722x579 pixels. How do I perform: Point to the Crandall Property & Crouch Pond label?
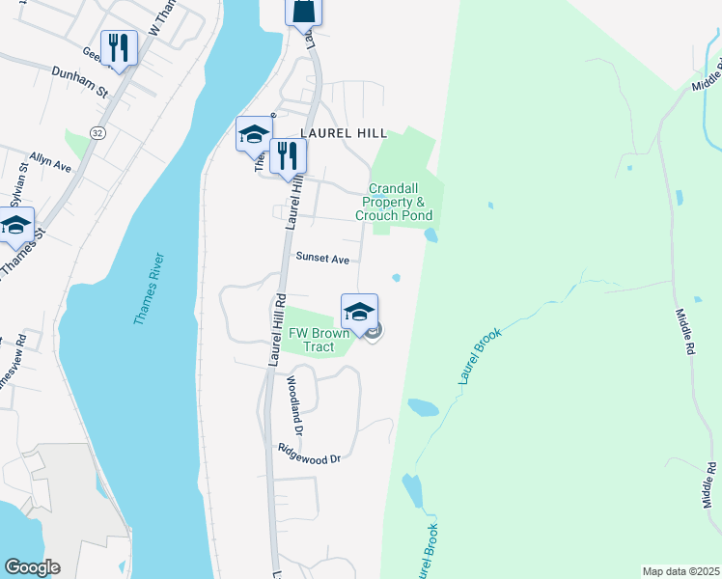point(393,202)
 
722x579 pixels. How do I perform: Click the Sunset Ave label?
point(322,259)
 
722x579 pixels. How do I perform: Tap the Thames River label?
point(150,289)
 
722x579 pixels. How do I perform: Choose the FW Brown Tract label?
point(318,340)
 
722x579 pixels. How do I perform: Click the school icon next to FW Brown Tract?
point(359,311)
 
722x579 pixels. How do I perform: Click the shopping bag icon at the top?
point(303,10)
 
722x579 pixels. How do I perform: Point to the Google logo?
point(32,567)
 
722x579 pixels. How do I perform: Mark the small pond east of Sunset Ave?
point(396,278)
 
